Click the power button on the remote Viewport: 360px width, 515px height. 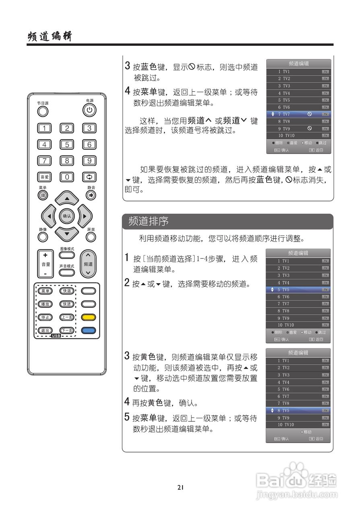89,109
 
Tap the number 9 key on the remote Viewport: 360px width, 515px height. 89,161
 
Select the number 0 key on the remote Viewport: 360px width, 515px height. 67,177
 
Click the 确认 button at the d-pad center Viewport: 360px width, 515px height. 67,216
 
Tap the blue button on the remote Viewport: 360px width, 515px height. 88,330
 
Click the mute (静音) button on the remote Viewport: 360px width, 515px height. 91,196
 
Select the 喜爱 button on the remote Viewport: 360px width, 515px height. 44,177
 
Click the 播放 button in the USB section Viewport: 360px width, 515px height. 44,304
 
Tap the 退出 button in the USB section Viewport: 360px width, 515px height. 44,330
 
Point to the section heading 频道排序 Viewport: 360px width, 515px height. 148,221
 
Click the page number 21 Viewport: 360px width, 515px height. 180,487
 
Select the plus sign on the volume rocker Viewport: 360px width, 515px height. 45,255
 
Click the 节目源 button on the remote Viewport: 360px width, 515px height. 43,111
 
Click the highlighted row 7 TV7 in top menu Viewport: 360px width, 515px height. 298,114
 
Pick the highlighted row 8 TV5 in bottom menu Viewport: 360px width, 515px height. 298,410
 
